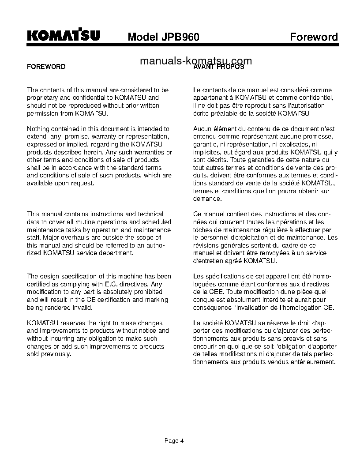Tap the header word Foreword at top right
point(314,37)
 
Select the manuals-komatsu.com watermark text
point(196,61)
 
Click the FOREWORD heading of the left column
point(46,67)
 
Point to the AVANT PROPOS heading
point(219,67)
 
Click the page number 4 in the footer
point(181,440)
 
